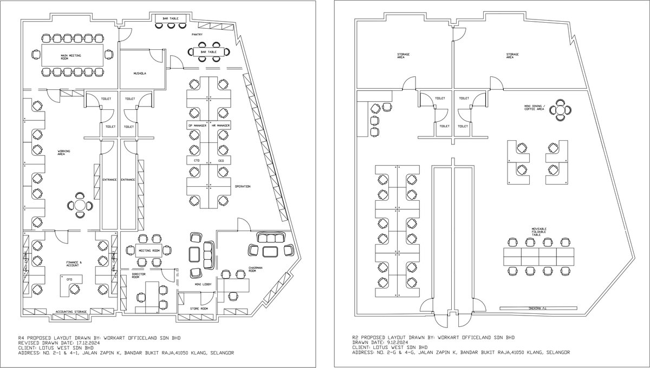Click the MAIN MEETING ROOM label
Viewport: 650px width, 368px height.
(x=71, y=56)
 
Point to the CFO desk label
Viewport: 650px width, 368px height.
(x=69, y=279)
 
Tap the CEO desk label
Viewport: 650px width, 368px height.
(x=221, y=161)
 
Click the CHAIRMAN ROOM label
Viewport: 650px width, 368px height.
(x=255, y=270)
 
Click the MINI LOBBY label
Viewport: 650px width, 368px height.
(x=202, y=283)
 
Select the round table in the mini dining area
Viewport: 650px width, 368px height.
(x=560, y=110)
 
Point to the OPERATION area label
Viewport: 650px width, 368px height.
(x=242, y=186)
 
